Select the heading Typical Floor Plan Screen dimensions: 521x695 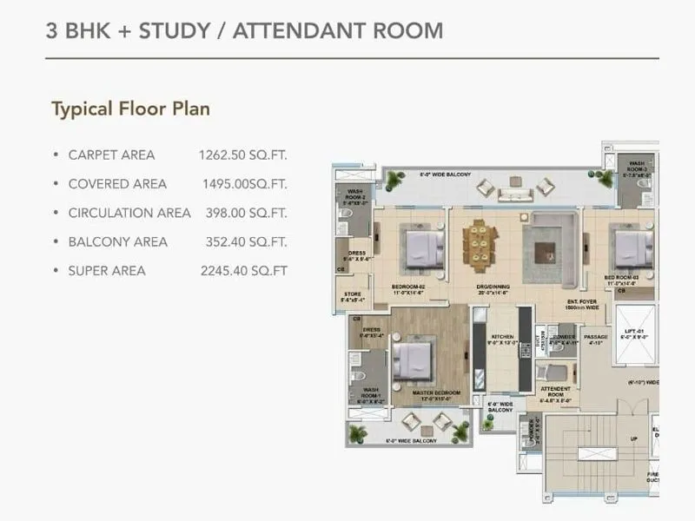[130, 109]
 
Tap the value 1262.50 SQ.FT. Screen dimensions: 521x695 [242, 155]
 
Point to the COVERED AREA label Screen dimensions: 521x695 [117, 184]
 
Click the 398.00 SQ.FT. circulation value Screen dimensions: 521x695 [246, 213]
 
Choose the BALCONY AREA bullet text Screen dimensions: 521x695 [117, 241]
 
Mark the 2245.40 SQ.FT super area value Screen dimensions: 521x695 [243, 271]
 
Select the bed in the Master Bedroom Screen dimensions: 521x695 [414, 359]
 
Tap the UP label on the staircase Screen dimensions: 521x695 [633, 439]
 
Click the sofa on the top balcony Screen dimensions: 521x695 [486, 188]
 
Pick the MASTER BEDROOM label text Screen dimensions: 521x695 [436, 393]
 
